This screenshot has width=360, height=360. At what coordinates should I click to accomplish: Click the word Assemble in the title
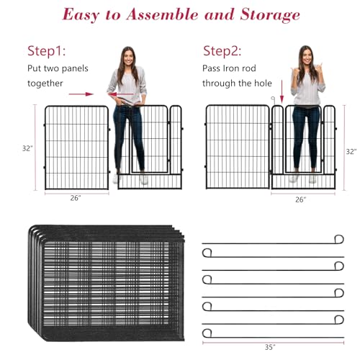coord(163,14)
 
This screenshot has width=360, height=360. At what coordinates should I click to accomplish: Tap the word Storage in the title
coord(270,15)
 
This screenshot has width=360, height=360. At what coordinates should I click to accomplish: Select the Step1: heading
coord(47,51)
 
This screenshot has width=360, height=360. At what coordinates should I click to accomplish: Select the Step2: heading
coord(222,51)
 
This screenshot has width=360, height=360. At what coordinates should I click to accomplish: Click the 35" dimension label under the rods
coord(270,347)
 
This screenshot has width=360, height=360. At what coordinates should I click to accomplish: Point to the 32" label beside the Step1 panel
coord(27,148)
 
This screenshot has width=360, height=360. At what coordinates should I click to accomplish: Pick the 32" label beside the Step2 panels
coord(351,152)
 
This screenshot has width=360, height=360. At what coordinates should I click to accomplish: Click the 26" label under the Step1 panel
coord(76,198)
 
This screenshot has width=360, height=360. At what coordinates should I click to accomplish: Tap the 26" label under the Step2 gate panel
coord(301,199)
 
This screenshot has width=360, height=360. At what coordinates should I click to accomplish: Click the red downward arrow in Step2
coord(282,92)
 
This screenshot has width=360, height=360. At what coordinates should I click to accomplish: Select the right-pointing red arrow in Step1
coord(81,94)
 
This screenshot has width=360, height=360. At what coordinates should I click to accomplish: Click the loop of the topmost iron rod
coord(339,239)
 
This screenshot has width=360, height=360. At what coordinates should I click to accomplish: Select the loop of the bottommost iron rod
coord(207,333)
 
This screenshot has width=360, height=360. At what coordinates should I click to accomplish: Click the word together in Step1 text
coord(45,84)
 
